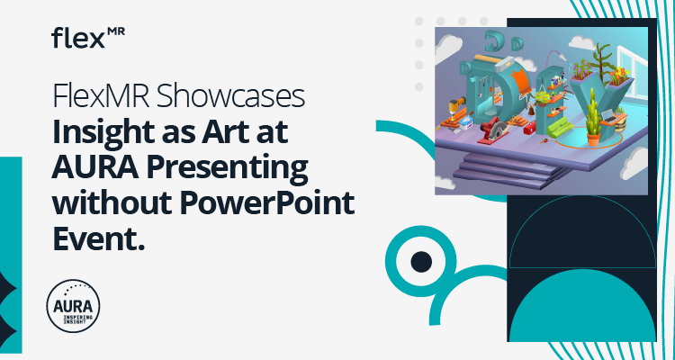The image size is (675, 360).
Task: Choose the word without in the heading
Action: pyautogui.click(x=112, y=202)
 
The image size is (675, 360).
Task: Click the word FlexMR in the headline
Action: pyautogui.click(x=94, y=96)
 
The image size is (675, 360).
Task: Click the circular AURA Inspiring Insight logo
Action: pyautogui.click(x=72, y=306)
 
